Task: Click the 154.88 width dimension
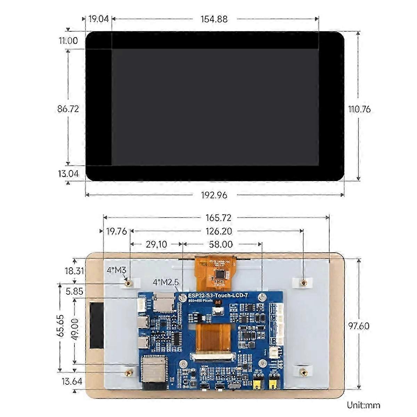click(x=214, y=19)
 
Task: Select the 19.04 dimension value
click(x=98, y=19)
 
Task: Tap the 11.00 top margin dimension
click(x=68, y=41)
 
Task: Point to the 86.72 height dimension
click(x=68, y=109)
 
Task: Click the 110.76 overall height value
click(x=360, y=109)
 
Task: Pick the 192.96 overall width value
click(x=214, y=195)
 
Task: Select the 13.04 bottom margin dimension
click(x=68, y=173)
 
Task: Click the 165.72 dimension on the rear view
click(x=218, y=218)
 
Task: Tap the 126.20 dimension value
click(x=218, y=231)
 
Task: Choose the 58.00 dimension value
click(x=221, y=244)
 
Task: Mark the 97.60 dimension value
click(x=359, y=326)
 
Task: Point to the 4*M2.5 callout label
click(x=165, y=282)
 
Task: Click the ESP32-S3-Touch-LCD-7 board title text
click(x=220, y=295)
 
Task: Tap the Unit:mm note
click(x=363, y=405)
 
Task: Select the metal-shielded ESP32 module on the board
click(x=152, y=370)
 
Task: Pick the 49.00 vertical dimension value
click(x=74, y=329)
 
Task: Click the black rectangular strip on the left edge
click(x=96, y=325)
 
